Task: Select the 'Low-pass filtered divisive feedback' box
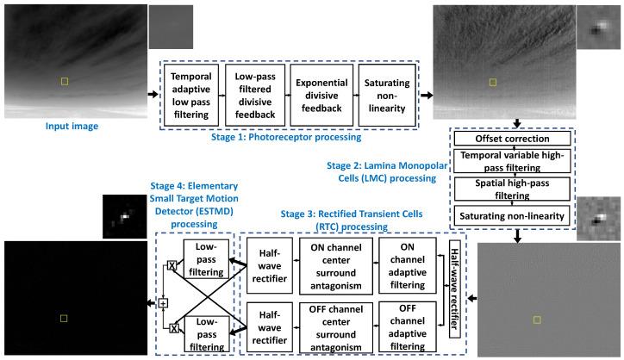pyautogui.click(x=257, y=95)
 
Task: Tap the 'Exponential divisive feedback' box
pyautogui.click(x=321, y=95)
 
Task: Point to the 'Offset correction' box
pyautogui.click(x=514, y=139)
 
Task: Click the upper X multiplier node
pyautogui.click(x=172, y=264)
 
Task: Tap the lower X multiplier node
pyautogui.click(x=172, y=327)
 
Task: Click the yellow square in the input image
pyautogui.click(x=63, y=81)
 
